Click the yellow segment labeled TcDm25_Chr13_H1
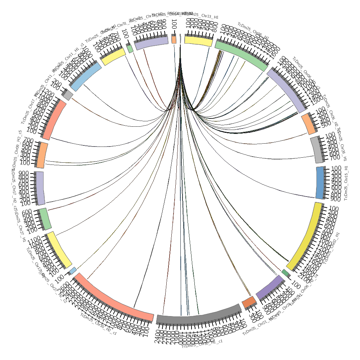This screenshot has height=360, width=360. (x=198, y=40)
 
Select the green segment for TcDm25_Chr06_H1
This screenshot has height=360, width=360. (x=242, y=54)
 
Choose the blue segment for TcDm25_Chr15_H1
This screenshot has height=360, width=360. (x=319, y=183)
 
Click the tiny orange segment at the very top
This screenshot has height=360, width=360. (x=174, y=39)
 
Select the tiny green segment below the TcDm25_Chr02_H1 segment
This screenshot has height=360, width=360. (x=285, y=273)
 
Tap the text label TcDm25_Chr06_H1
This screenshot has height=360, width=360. (x=253, y=31)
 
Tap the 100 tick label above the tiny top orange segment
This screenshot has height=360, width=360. (x=174, y=26)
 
